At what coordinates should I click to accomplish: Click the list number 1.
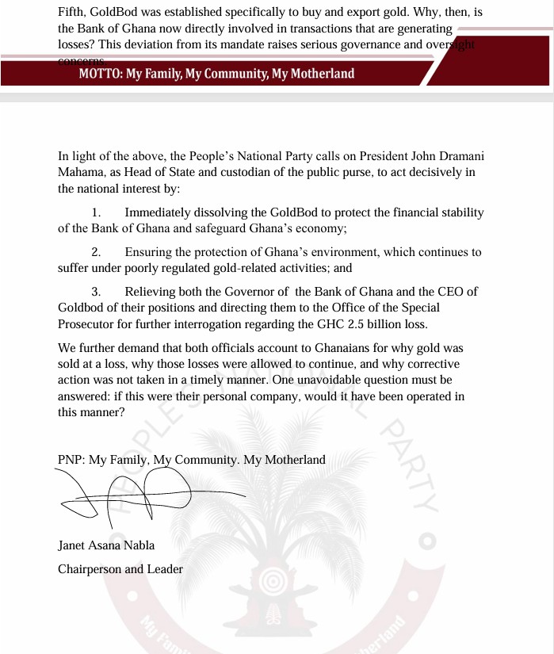[97, 212]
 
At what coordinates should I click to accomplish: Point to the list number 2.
[97, 252]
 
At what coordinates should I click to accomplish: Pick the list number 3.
[97, 292]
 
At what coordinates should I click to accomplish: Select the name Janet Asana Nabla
[107, 545]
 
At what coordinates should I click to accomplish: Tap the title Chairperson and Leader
[120, 569]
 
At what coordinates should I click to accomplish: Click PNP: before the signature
[71, 460]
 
